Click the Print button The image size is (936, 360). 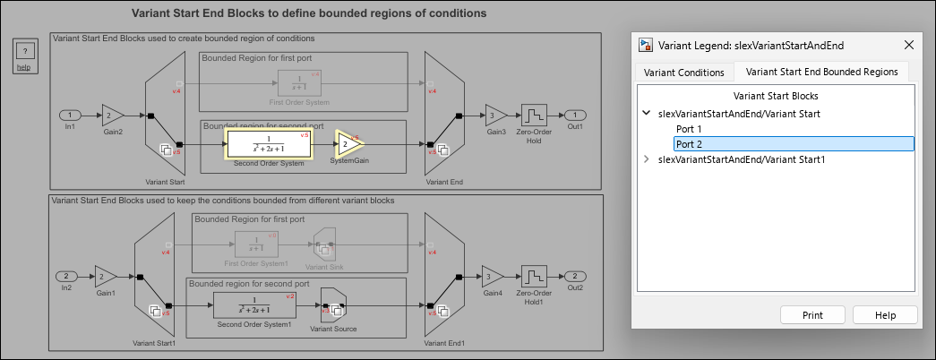pos(813,315)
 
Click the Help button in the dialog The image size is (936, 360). pos(885,315)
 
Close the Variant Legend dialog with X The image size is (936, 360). pos(909,45)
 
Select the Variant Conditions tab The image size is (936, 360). pos(683,73)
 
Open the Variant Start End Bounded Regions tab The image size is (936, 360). pos(821,73)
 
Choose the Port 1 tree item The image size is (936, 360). pos(688,129)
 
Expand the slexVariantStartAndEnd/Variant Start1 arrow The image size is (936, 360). pos(647,159)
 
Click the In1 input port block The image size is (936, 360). pos(70,116)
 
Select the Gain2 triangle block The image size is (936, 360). pos(110,116)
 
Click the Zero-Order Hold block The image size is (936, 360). pos(534,116)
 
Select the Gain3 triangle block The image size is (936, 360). pos(494,116)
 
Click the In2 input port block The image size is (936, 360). pos(66,276)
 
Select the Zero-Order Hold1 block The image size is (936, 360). pos(534,276)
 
